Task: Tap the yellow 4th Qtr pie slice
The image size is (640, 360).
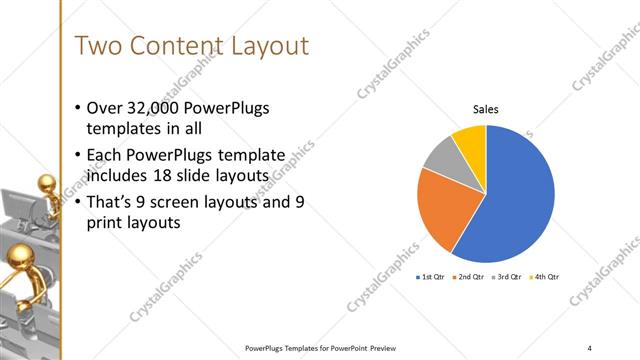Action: [x=470, y=138]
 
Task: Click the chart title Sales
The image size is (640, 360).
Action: [x=485, y=110]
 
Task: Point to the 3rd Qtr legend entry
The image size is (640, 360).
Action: [x=505, y=276]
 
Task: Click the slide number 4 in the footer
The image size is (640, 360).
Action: [x=590, y=347]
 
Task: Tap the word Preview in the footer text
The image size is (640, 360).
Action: [x=377, y=347]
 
